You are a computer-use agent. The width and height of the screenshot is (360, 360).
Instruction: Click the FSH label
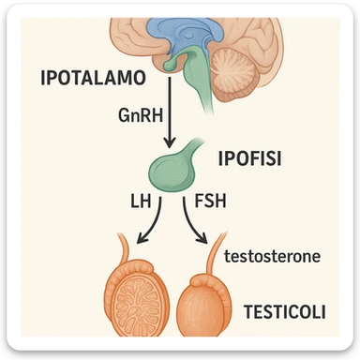[x=211, y=201]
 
